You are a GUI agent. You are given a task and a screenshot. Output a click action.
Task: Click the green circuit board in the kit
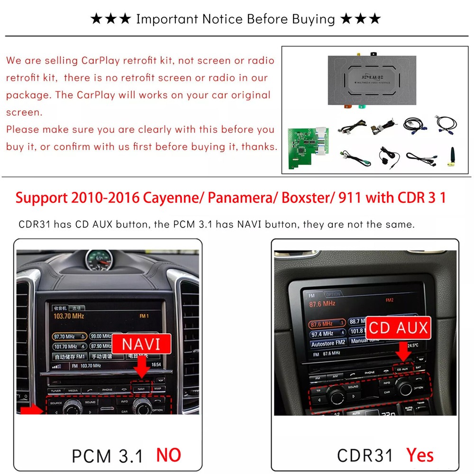pyautogui.click(x=304, y=145)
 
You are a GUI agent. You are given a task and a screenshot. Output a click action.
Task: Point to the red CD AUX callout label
pyautogui.click(x=398, y=328)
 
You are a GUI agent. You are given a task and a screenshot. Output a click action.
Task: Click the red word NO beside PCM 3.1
pyautogui.click(x=169, y=455)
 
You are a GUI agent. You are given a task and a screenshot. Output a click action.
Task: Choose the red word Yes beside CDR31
pyautogui.click(x=419, y=455)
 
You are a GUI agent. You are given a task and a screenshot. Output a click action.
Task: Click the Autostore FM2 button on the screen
pyautogui.click(x=328, y=343)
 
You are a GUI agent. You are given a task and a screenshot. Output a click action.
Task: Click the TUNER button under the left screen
pyautogui.click(x=56, y=390)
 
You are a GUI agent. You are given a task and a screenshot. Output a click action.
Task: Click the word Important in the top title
pyautogui.click(x=166, y=19)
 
